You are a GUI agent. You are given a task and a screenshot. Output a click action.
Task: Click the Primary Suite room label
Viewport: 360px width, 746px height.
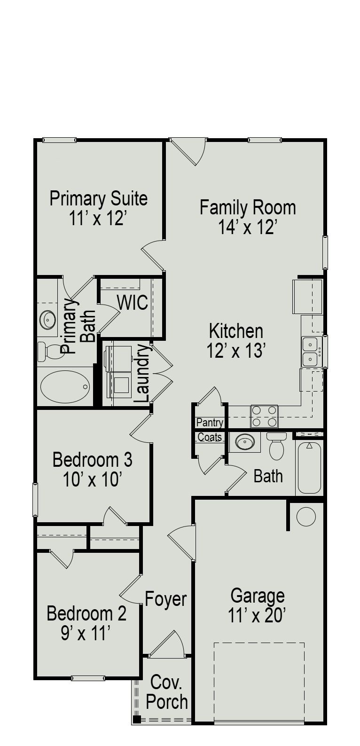[x=98, y=198]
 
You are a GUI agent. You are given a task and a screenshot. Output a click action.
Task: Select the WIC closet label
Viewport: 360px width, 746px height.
[x=133, y=303]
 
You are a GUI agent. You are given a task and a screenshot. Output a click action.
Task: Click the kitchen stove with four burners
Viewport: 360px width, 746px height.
[x=264, y=416]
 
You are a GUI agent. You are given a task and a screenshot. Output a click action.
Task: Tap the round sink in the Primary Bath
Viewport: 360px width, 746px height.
[x=48, y=320]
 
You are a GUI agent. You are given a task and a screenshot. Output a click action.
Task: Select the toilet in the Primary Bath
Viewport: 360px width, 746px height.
[x=48, y=351]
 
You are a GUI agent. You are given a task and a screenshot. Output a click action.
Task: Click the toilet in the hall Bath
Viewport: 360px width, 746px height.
[x=277, y=446]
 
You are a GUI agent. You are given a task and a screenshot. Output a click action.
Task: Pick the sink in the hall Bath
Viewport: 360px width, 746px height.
[x=244, y=442]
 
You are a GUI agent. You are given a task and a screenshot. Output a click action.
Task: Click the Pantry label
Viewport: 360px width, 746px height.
[x=210, y=422]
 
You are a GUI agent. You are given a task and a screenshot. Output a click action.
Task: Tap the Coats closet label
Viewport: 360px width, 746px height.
[x=210, y=437]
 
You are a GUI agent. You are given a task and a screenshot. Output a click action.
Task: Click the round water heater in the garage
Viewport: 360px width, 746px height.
[x=306, y=517]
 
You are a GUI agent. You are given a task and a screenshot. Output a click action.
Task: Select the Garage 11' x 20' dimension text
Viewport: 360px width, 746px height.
[x=257, y=615]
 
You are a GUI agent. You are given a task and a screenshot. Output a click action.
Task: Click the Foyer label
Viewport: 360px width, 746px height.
[x=165, y=599]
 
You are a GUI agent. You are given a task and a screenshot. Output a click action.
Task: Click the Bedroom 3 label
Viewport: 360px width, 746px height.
[x=92, y=459]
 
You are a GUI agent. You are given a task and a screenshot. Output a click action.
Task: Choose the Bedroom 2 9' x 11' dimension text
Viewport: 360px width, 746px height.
[x=86, y=634]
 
